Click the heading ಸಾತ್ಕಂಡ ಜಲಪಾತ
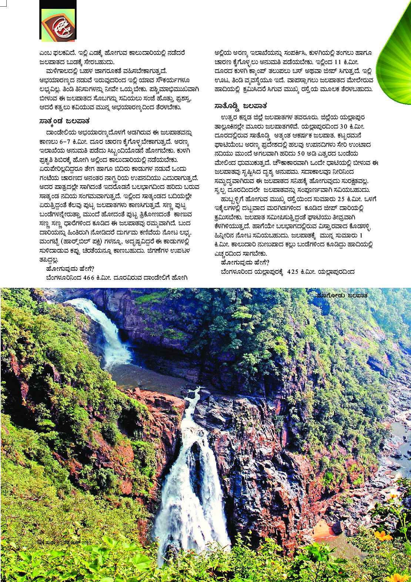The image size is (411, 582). (x=64, y=121)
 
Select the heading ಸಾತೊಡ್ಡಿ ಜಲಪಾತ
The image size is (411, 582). (x=241, y=106)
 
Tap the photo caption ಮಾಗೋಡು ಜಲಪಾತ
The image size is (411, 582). (x=342, y=295)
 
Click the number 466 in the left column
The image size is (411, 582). (x=88, y=277)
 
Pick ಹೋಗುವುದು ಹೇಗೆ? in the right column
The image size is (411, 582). (x=245, y=263)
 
